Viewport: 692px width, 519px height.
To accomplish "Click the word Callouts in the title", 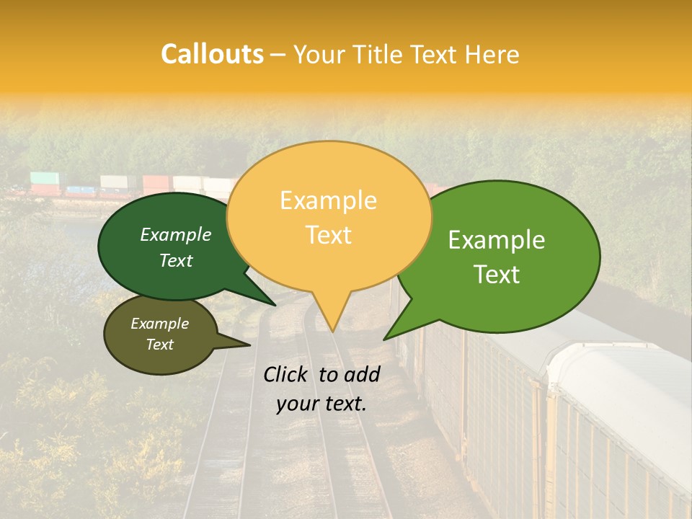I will pyautogui.click(x=212, y=54).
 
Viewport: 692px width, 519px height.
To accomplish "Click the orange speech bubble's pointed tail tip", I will pyautogui.click(x=333, y=331).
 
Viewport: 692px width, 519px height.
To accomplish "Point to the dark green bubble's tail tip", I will pyautogui.click(x=275, y=305).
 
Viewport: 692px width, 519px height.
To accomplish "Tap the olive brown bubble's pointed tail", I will pyautogui.click(x=249, y=345).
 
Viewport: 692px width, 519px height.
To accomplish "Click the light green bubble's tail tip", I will pyautogui.click(x=384, y=339).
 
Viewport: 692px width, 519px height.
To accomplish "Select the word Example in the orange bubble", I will pyautogui.click(x=328, y=200).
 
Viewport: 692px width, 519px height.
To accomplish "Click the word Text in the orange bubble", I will pyautogui.click(x=328, y=235).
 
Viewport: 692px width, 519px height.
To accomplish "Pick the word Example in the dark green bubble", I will pyautogui.click(x=176, y=234).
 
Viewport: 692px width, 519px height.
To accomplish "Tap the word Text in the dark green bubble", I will pyautogui.click(x=176, y=260).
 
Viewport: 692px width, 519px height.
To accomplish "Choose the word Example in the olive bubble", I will pyautogui.click(x=159, y=324).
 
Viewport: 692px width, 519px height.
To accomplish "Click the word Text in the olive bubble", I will pyautogui.click(x=159, y=345).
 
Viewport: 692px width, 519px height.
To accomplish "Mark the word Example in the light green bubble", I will pyautogui.click(x=497, y=240).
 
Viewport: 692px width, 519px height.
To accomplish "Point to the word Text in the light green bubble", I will pyautogui.click(x=497, y=275).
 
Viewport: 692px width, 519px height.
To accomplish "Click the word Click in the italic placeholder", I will pyautogui.click(x=286, y=374).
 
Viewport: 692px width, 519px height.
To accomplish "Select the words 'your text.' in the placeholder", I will pyautogui.click(x=321, y=404).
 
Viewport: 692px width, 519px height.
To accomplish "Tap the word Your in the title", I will pyautogui.click(x=318, y=54).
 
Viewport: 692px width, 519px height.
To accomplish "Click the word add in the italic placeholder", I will pyautogui.click(x=363, y=374).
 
